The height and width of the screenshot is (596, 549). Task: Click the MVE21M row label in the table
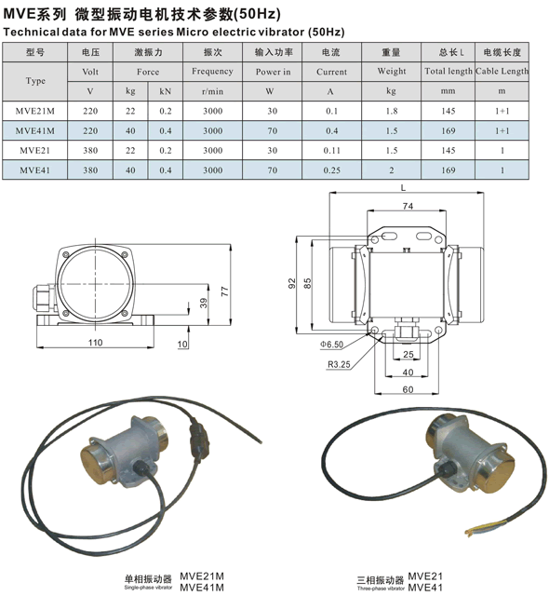click(x=35, y=111)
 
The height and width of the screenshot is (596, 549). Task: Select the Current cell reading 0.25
click(x=332, y=170)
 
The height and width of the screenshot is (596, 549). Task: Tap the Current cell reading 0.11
click(x=332, y=151)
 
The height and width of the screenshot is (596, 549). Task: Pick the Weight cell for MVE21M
click(x=392, y=111)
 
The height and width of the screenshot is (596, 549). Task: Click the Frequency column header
click(x=212, y=72)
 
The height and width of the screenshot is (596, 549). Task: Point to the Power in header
click(x=273, y=72)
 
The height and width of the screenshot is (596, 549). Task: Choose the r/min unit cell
click(x=212, y=91)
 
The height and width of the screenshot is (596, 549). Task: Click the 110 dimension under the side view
click(x=95, y=343)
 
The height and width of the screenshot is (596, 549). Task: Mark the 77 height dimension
click(x=225, y=291)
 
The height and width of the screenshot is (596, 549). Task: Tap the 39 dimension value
click(x=204, y=303)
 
